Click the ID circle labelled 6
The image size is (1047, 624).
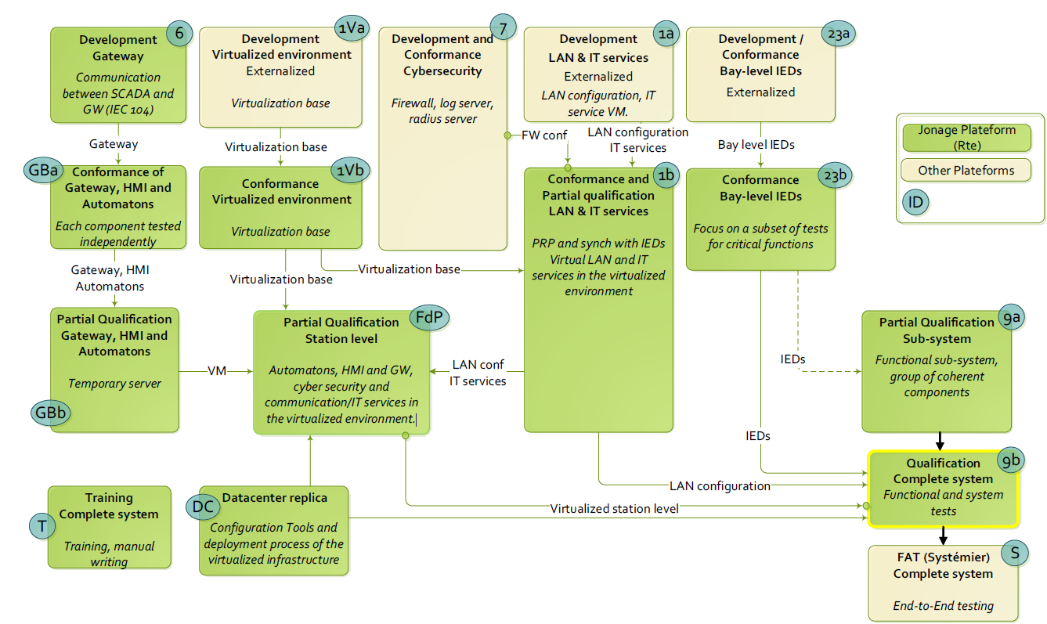click(179, 35)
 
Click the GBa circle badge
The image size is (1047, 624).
click(39, 172)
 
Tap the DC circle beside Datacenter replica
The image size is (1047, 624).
click(202, 506)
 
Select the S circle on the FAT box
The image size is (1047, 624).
click(1015, 554)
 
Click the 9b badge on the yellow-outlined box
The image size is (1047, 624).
click(1011, 461)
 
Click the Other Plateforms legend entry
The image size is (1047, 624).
click(966, 170)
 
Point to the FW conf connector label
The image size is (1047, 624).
click(544, 135)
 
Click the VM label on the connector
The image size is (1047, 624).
click(216, 370)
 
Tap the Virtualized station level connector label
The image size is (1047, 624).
click(614, 508)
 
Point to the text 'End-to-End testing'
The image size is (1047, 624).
click(943, 605)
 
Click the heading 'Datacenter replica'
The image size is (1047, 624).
click(275, 498)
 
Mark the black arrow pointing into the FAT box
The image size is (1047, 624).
click(943, 536)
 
